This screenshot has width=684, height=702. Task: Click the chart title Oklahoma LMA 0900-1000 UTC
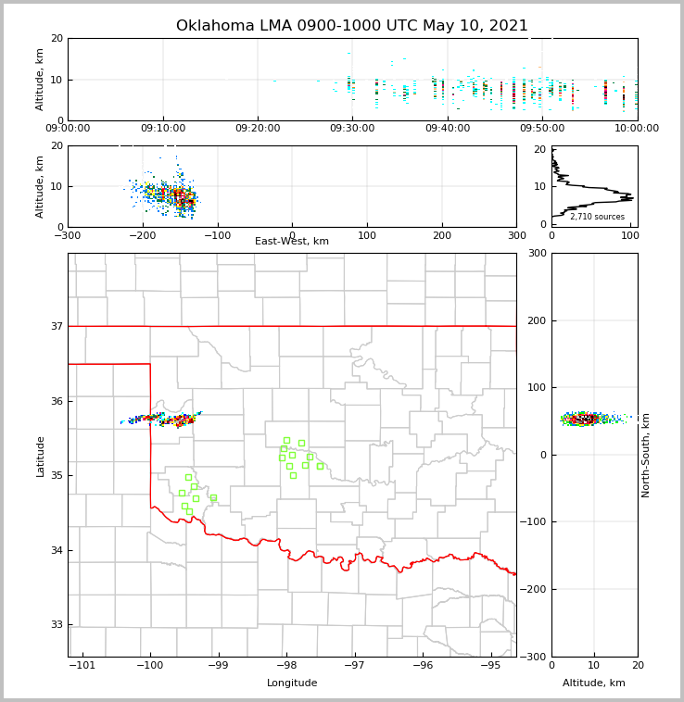pyautogui.click(x=352, y=26)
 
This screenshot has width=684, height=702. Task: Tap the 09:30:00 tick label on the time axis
pyautogui.click(x=352, y=129)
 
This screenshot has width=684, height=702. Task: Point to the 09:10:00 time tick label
pyautogui.click(x=163, y=129)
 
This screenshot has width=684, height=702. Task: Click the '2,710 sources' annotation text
pyautogui.click(x=597, y=217)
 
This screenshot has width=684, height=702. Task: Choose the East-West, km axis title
pyautogui.click(x=292, y=242)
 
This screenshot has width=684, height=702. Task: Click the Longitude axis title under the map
pyautogui.click(x=292, y=683)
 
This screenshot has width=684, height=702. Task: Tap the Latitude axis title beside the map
pyautogui.click(x=41, y=456)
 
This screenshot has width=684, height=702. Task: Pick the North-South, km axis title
pyautogui.click(x=646, y=455)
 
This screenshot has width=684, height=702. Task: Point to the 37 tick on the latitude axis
pyautogui.click(x=56, y=326)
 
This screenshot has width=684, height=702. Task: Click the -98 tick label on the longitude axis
pyautogui.click(x=285, y=666)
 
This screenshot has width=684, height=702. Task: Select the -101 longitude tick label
pyautogui.click(x=82, y=666)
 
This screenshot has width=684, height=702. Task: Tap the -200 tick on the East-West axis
pyautogui.click(x=142, y=235)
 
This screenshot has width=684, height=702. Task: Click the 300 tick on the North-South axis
pyautogui.click(x=538, y=253)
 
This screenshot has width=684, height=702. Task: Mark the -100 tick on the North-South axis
pyautogui.click(x=534, y=522)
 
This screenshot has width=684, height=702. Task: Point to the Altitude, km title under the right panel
pyautogui.click(x=594, y=683)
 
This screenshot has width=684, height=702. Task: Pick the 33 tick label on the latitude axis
pyautogui.click(x=56, y=625)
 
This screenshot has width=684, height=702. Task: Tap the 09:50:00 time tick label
pyautogui.click(x=541, y=129)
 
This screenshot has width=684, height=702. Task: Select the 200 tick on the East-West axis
pyautogui.click(x=442, y=235)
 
